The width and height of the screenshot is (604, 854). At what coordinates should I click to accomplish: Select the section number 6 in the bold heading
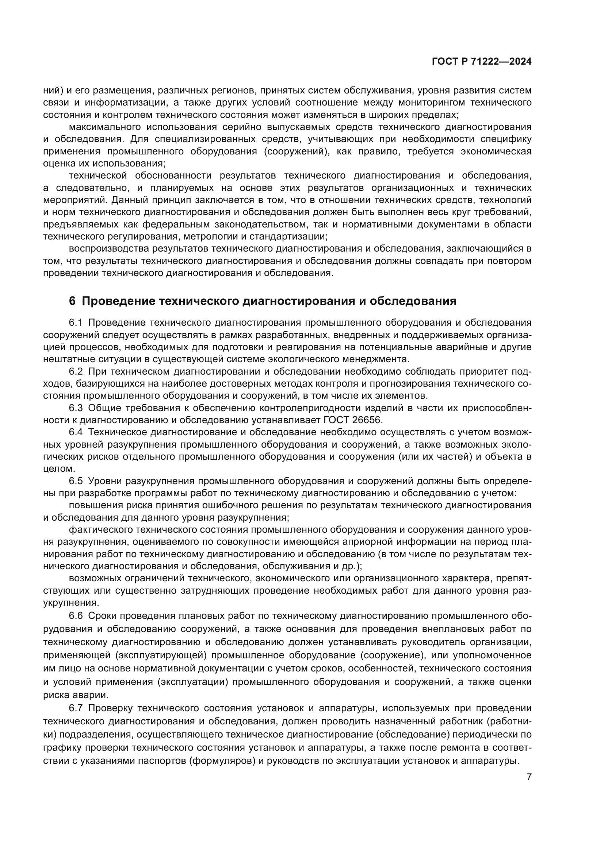[x=72, y=301]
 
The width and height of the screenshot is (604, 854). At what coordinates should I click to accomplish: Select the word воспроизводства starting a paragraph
[x=105, y=249]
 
